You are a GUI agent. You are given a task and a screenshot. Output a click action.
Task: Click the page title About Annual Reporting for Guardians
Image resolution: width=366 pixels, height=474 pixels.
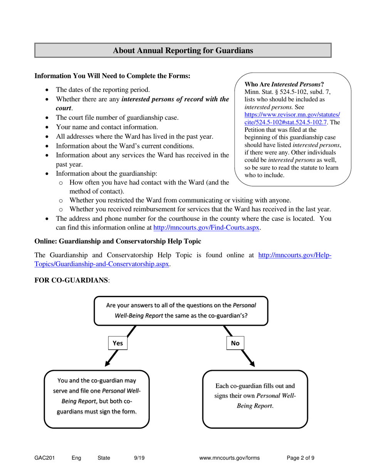tap(183, 50)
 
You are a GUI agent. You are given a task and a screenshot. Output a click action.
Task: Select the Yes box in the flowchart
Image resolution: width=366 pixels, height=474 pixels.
tap(118, 343)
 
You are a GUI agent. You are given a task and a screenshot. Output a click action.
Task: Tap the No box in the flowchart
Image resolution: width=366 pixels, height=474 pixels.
tap(235, 343)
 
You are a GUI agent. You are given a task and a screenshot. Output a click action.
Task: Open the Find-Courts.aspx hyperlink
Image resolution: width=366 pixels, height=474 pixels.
tap(207, 227)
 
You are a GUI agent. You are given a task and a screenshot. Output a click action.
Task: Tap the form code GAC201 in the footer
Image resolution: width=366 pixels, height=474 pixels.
tap(44, 458)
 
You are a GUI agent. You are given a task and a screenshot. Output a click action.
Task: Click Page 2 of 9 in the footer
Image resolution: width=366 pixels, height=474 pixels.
tap(301, 458)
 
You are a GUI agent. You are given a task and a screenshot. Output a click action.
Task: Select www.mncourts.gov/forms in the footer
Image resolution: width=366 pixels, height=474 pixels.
tap(230, 458)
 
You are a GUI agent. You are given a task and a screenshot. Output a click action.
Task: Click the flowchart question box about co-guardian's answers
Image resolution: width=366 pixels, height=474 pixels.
tap(181, 310)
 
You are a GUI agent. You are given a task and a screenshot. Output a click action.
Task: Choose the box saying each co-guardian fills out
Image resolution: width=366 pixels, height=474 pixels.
tap(255, 398)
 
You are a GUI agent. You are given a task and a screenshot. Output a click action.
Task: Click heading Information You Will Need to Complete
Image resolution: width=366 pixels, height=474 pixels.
tap(112, 76)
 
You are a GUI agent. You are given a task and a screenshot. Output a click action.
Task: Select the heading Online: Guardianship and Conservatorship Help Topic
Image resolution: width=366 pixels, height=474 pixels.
tap(118, 241)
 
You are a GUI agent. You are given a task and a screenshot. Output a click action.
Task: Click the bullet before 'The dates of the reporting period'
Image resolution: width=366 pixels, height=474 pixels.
tap(47, 90)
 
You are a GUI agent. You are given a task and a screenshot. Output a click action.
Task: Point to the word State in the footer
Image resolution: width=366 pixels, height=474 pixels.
tap(104, 458)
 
